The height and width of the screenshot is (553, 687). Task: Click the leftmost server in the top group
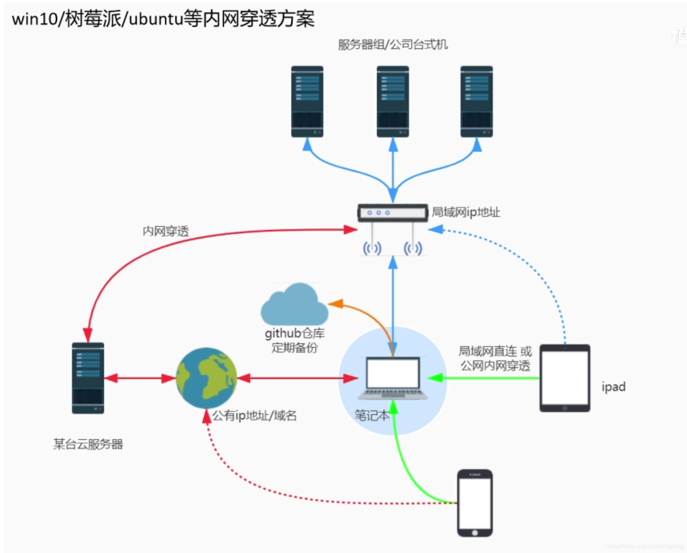(307, 102)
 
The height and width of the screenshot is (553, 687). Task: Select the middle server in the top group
(393, 102)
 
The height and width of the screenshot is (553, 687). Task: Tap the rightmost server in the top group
(476, 102)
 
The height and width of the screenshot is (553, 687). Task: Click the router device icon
(393, 213)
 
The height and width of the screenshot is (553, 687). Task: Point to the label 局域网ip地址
(466, 212)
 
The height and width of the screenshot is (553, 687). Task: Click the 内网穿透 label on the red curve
(166, 231)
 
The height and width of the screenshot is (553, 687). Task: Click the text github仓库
(294, 333)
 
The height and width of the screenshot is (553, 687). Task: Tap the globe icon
(206, 378)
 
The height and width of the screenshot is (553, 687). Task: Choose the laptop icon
(393, 378)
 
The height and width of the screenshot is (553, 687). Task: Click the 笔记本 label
(371, 415)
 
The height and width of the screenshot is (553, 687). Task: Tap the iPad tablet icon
(564, 378)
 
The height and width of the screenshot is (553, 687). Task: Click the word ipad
(613, 387)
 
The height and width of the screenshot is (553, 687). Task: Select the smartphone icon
(474, 503)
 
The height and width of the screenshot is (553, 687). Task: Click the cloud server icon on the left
(88, 378)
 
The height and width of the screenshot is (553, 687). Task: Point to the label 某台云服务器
(88, 444)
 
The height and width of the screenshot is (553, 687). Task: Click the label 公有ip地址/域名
(254, 416)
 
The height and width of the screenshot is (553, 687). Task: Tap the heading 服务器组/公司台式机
(393, 45)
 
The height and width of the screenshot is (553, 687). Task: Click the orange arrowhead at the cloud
(334, 304)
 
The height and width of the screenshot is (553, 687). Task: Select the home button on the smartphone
(475, 533)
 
